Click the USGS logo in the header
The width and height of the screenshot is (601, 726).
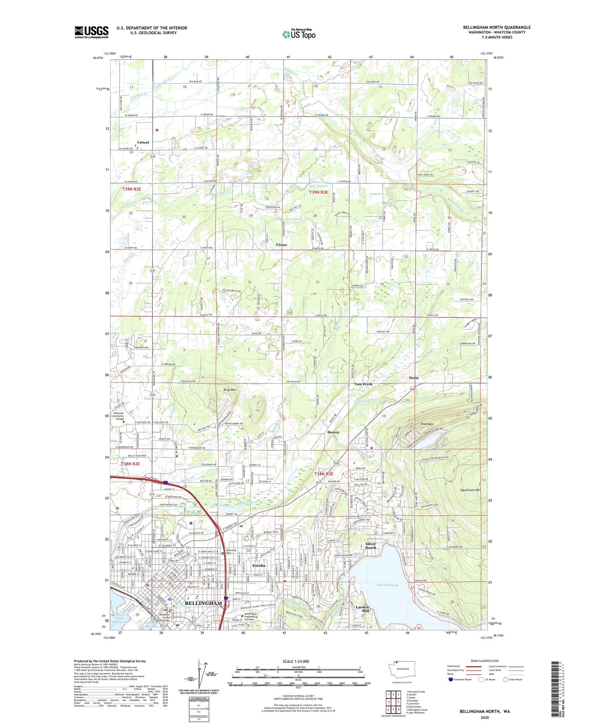92,32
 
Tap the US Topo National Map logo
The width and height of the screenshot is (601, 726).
298,34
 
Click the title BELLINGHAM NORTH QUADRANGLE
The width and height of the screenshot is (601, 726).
497,27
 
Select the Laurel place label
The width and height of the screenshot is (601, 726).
143,142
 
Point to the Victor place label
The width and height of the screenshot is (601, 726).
281,245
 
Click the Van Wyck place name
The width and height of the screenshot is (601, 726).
363,384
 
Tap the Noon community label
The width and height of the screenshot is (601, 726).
413,378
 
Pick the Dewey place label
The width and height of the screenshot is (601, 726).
333,432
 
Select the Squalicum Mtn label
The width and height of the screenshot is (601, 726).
470,490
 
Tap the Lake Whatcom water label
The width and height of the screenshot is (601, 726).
387,585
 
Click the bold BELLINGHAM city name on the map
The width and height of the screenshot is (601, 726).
203,603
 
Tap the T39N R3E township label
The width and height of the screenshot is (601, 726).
318,193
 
